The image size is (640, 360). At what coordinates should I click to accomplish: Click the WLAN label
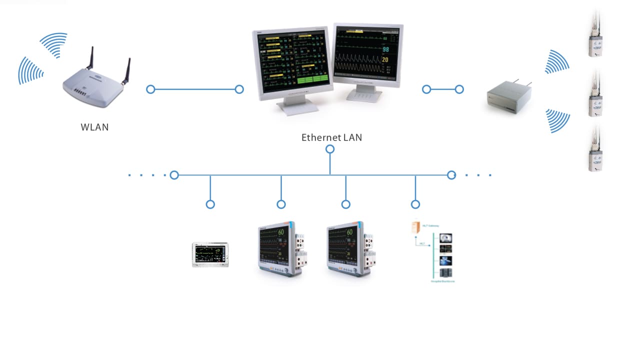(94, 127)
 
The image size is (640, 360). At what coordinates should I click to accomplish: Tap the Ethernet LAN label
(331, 137)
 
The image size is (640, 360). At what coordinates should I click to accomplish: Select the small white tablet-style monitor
(210, 254)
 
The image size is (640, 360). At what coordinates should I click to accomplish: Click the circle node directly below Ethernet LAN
(330, 149)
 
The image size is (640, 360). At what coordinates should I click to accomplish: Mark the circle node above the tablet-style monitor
(210, 204)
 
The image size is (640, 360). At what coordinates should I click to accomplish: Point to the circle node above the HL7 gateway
(415, 204)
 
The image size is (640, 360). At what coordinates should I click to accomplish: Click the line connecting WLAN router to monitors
(195, 89)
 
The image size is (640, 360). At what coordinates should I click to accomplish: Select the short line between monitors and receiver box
(443, 89)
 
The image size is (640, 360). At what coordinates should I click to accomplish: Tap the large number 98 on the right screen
(385, 49)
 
